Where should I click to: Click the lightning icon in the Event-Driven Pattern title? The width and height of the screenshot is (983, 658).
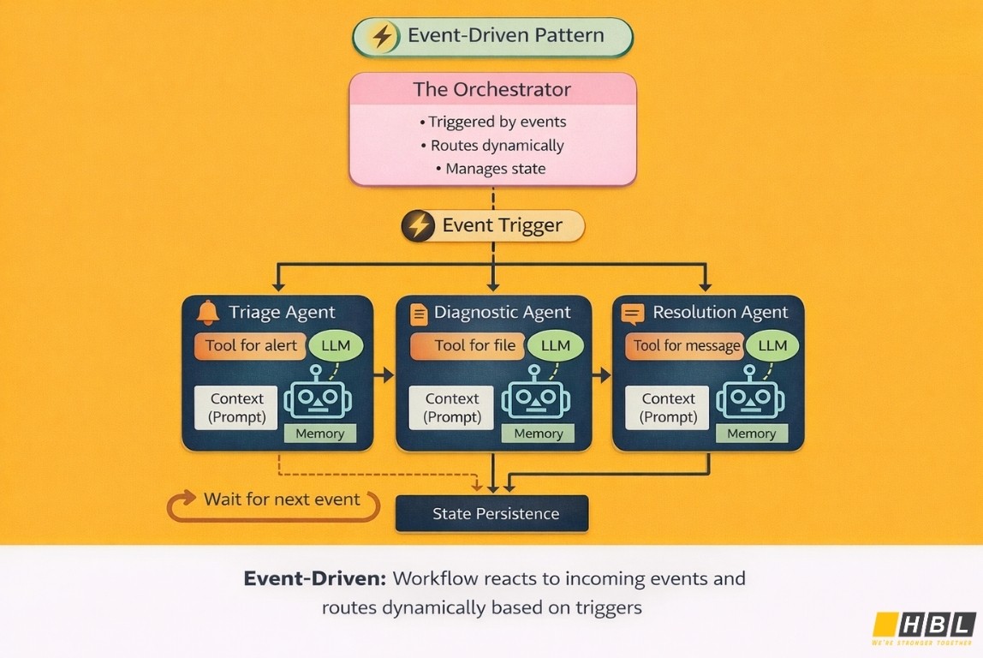pos(382,37)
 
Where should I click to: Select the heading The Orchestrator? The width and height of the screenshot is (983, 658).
pos(492,89)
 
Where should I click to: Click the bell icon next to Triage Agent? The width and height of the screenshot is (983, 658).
pos(208,313)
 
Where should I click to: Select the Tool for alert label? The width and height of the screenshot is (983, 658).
pos(250,346)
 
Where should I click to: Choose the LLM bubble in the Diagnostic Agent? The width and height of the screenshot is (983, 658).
pos(556,346)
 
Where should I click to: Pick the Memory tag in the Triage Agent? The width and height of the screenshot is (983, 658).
pos(319,434)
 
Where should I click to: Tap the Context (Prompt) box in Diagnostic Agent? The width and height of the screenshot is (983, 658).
pos(451,408)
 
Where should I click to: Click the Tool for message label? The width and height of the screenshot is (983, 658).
pos(687,346)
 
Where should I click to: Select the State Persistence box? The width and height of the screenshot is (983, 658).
pos(491,514)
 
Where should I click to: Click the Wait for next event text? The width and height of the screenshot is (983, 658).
pos(282,499)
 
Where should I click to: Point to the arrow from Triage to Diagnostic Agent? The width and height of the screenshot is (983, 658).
pos(384,374)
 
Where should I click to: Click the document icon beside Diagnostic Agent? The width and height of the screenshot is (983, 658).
pos(420,314)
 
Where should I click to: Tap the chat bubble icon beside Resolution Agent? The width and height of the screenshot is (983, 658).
pos(633,314)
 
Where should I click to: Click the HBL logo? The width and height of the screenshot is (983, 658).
pos(924,625)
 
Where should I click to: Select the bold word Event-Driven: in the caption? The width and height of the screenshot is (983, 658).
pos(314,578)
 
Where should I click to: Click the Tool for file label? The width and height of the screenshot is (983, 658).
pos(474,346)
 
